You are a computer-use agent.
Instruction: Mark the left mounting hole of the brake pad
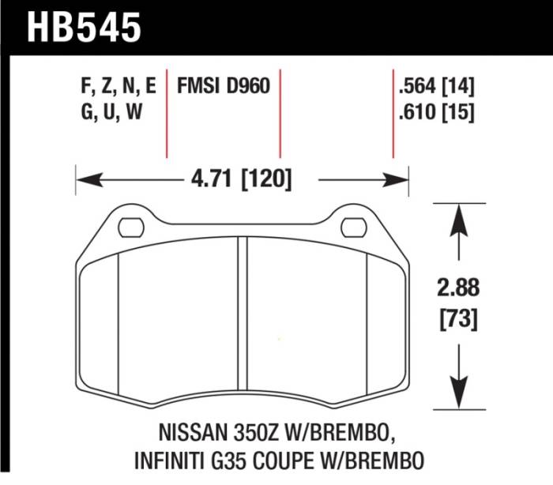tap(127, 228)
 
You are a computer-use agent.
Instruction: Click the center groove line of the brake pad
tap(242, 316)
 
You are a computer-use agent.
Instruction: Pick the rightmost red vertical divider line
tap(393, 115)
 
